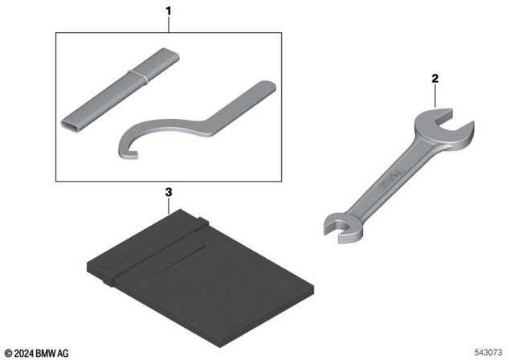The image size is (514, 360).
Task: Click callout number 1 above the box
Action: click(169, 11)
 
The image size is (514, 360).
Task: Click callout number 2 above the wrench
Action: click(435, 79)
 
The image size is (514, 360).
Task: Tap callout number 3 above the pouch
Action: click(169, 192)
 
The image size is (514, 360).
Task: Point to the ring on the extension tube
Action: click(137, 76)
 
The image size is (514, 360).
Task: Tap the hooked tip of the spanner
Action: click(131, 154)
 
